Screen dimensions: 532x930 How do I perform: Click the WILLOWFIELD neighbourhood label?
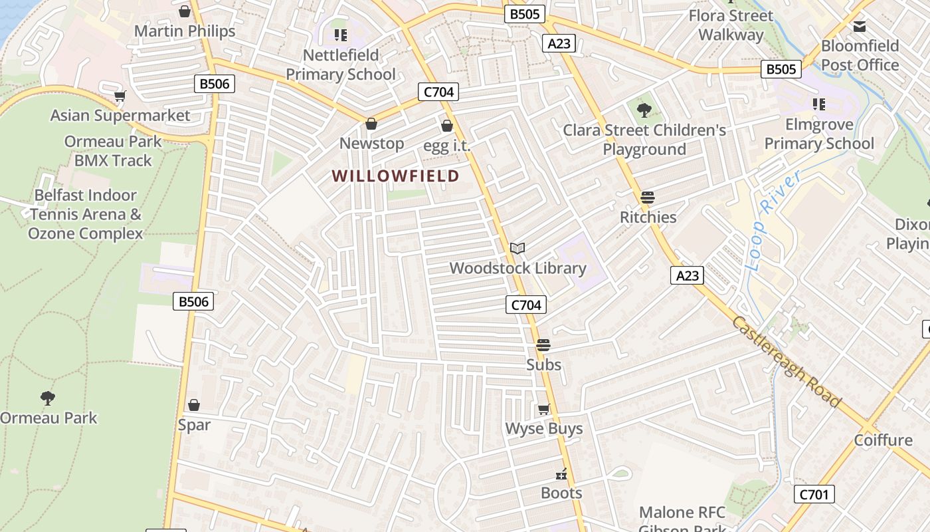pos(396,176)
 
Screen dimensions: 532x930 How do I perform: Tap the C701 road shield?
pos(814,494)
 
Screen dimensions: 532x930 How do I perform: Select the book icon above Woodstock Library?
pos(517,248)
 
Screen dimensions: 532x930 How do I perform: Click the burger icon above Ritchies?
pos(648,198)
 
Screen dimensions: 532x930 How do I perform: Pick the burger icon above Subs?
pos(543,345)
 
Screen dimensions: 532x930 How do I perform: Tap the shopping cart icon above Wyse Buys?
pos(544,409)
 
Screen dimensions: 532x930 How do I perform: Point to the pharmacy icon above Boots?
pos(561,474)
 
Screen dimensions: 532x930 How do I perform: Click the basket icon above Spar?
pos(194,405)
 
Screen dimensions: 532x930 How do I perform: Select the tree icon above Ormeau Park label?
pos(47,398)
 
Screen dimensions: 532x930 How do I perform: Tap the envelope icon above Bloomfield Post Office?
pos(860,27)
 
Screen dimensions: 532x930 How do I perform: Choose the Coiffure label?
pos(883,440)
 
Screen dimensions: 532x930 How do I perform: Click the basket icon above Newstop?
pos(371,124)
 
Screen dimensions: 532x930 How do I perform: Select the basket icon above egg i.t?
pos(447,126)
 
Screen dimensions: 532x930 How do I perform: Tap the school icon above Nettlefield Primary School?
pos(341,35)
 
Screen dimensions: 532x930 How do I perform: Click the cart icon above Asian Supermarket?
pos(120,96)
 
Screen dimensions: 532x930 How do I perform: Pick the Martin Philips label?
pos(185,31)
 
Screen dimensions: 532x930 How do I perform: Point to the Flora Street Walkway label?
pos(731,25)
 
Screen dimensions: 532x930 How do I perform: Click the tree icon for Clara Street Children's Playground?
pos(644,110)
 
